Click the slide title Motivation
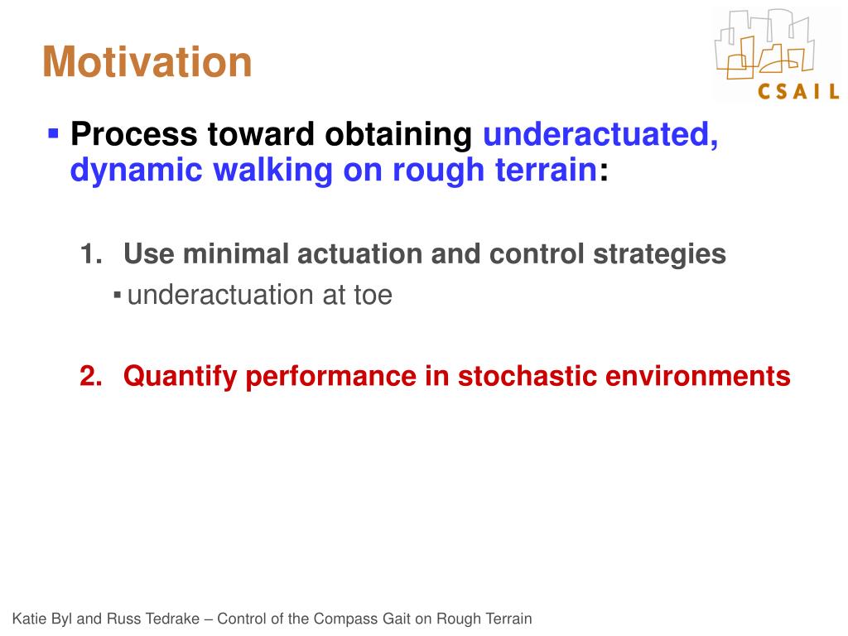coord(147,61)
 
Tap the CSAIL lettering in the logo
coord(798,91)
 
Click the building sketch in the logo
coord(764,44)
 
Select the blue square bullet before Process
coord(53,133)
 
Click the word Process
coord(133,133)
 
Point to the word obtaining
coord(398,135)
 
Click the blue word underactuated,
coord(600,135)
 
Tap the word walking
coord(272,171)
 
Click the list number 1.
coord(91,253)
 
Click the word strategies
coord(659,254)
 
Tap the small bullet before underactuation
coord(117,296)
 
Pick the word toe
coord(373,296)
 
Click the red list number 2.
coord(91,376)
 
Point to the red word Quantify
coord(180,377)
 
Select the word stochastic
coord(527,376)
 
